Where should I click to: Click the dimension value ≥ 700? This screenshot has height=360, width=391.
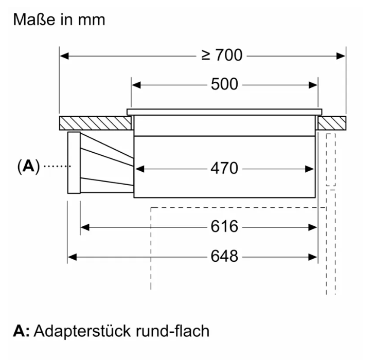(222, 55)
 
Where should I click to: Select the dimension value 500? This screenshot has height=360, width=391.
(225, 84)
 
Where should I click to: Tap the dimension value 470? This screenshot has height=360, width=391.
(225, 168)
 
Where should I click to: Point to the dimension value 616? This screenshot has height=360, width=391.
(225, 226)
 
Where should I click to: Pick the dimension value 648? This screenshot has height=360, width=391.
(225, 256)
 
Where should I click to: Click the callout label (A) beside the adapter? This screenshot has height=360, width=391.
(28, 166)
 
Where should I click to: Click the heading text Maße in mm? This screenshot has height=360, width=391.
(59, 20)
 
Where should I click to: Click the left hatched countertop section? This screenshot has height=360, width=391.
(95, 123)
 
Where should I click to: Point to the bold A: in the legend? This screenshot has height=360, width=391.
(21, 331)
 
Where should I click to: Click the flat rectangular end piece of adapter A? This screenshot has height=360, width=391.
(74, 163)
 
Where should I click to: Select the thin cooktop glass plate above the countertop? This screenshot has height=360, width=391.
(225, 112)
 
